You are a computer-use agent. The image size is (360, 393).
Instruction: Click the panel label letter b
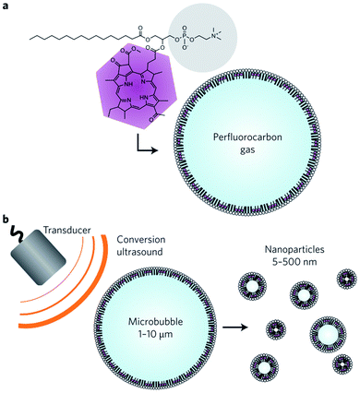click(x=6, y=220)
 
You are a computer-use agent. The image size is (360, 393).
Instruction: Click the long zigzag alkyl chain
click(x=65, y=38)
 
